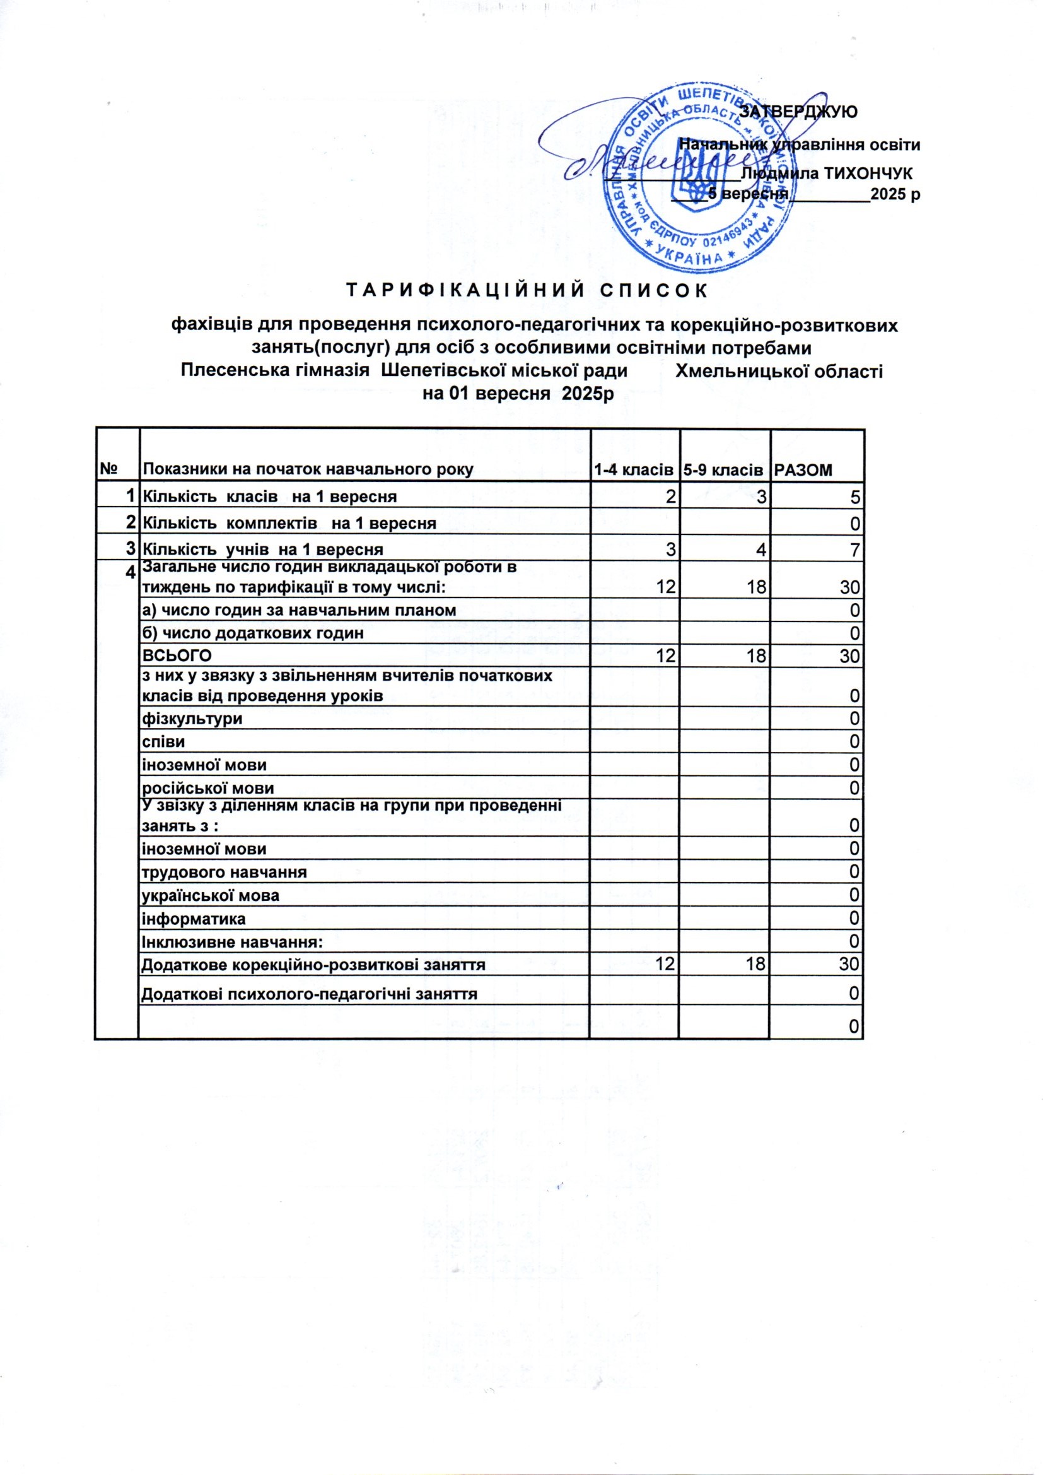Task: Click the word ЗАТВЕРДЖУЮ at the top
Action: [798, 111]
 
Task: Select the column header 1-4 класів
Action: [634, 470]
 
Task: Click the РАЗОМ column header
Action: [803, 470]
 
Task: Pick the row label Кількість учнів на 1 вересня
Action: [262, 549]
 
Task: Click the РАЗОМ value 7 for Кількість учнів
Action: [855, 549]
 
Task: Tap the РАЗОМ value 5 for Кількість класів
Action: [855, 497]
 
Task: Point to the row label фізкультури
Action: [192, 718]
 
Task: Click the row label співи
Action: [163, 742]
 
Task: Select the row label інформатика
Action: [194, 919]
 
